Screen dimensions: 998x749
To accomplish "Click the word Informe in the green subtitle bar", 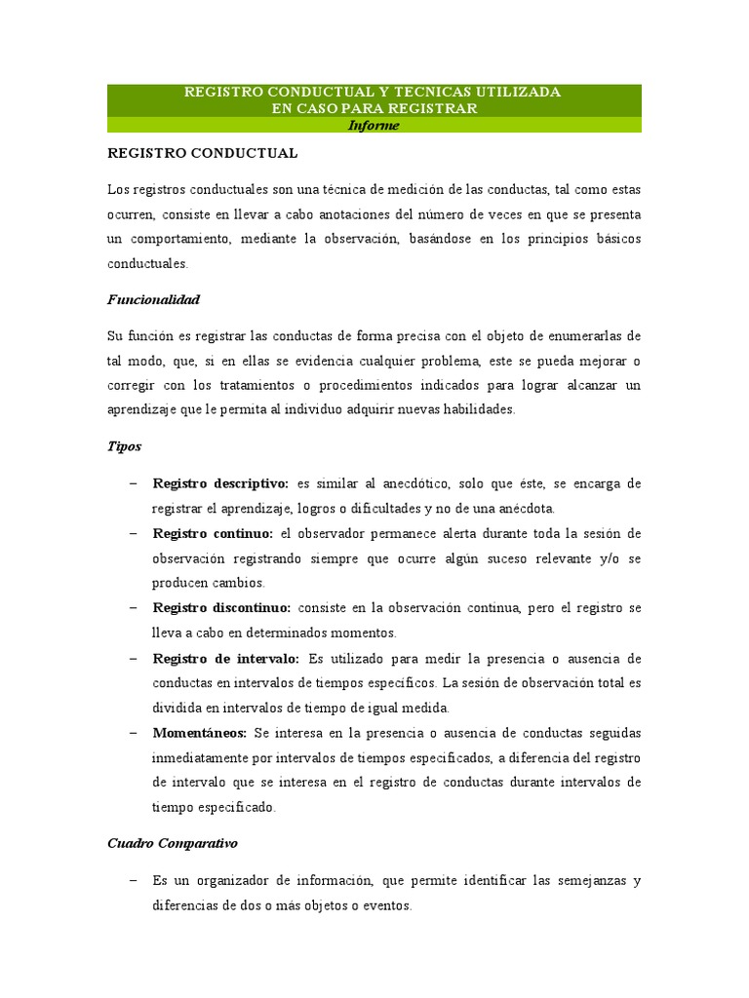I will pos(374,126).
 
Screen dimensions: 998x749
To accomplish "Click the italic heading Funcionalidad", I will pos(153,299).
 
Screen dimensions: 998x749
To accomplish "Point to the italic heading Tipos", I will pos(124,445).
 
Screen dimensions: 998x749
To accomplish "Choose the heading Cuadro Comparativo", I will pos(173,841).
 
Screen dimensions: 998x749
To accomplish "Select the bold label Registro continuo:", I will pos(214,534).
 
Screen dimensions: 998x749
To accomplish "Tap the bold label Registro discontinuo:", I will pos(221,608).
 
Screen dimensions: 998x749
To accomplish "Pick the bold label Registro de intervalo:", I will pos(225,659).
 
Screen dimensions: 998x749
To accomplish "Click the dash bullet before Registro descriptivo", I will pos(133,483).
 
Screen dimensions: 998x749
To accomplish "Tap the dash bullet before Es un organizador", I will pos(133,880).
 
